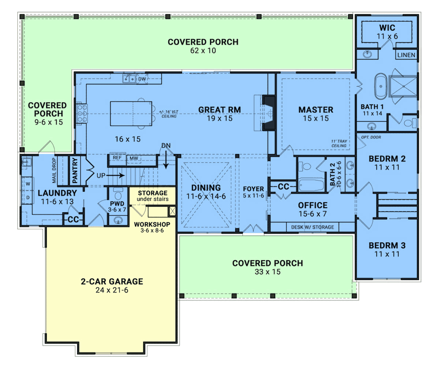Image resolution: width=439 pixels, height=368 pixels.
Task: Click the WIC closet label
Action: (387, 28)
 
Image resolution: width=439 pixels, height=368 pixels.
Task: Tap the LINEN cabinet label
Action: (406, 55)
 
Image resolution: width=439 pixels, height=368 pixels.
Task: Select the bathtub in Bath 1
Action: (381, 86)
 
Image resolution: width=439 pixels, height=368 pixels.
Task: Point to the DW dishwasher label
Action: (142, 79)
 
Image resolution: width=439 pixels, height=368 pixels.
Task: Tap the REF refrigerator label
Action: (117, 158)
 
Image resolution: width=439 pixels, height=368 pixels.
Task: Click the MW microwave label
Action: (134, 158)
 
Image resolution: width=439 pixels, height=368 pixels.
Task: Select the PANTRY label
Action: (75, 170)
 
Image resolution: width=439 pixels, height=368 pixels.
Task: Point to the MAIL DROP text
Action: (54, 170)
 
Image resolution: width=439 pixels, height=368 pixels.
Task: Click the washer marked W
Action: (27, 184)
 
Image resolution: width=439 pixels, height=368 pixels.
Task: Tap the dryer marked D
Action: (27, 198)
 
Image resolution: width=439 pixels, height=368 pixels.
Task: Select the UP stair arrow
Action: (116, 175)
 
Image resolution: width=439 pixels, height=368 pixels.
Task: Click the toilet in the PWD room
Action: (118, 194)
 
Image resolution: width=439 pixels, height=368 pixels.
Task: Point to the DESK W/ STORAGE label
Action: (313, 227)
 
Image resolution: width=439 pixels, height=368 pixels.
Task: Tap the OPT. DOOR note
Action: (371, 137)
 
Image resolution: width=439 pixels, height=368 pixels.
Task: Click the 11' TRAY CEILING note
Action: (339, 143)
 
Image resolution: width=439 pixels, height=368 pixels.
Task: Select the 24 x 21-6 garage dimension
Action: (112, 290)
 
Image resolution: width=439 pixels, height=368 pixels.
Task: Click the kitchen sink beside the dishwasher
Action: (129, 79)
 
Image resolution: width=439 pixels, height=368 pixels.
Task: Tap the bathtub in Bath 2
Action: (311, 185)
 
